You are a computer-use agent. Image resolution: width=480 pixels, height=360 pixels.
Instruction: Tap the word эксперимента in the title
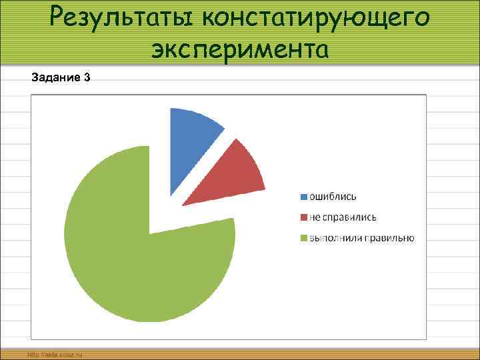(239, 48)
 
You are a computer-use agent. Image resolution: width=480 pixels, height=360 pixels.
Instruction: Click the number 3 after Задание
(87, 78)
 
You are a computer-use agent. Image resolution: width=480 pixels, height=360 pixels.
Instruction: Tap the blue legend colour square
(303, 197)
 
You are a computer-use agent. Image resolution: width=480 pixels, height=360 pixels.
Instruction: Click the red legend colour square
(303, 217)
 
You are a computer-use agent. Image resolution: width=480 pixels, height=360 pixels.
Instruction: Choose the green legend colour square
(303, 238)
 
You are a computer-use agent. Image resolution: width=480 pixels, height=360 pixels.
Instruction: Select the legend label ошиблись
(333, 197)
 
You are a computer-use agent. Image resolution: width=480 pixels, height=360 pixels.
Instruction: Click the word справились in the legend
(349, 217)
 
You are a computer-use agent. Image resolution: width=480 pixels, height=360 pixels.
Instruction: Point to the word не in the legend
(314, 217)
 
